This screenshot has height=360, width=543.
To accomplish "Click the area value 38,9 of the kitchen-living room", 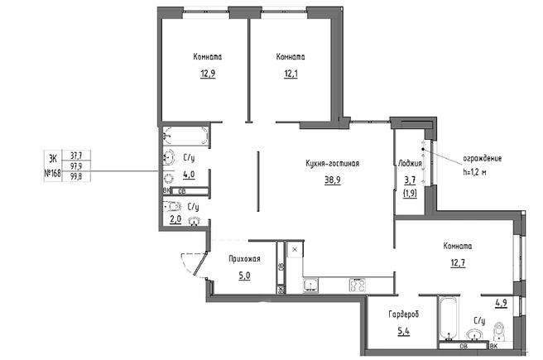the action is (332, 180).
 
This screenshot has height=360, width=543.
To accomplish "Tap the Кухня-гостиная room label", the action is (333, 163).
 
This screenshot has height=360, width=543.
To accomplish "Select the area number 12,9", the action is (208, 74).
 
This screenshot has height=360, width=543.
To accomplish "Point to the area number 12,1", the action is (291, 74).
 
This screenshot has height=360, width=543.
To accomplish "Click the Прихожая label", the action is (244, 259).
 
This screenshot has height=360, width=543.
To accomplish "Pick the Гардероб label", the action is (404, 314).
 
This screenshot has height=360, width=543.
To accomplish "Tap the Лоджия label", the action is (410, 163).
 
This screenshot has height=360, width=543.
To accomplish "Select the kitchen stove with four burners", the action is (358, 286).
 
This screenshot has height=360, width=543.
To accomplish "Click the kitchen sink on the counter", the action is (311, 286).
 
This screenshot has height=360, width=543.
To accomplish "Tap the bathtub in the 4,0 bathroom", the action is (185, 136).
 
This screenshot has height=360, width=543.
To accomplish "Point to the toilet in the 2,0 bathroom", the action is (172, 207).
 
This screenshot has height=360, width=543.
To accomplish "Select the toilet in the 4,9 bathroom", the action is (499, 331).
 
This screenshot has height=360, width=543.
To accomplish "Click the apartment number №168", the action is (53, 174).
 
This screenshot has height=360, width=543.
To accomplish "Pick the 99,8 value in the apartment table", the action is (76, 177).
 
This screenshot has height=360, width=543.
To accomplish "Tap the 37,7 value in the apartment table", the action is (76, 156).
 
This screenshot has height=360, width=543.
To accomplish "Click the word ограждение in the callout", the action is (483, 159).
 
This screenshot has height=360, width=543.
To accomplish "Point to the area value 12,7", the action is (458, 263).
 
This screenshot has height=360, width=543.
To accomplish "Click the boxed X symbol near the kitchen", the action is (295, 249).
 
